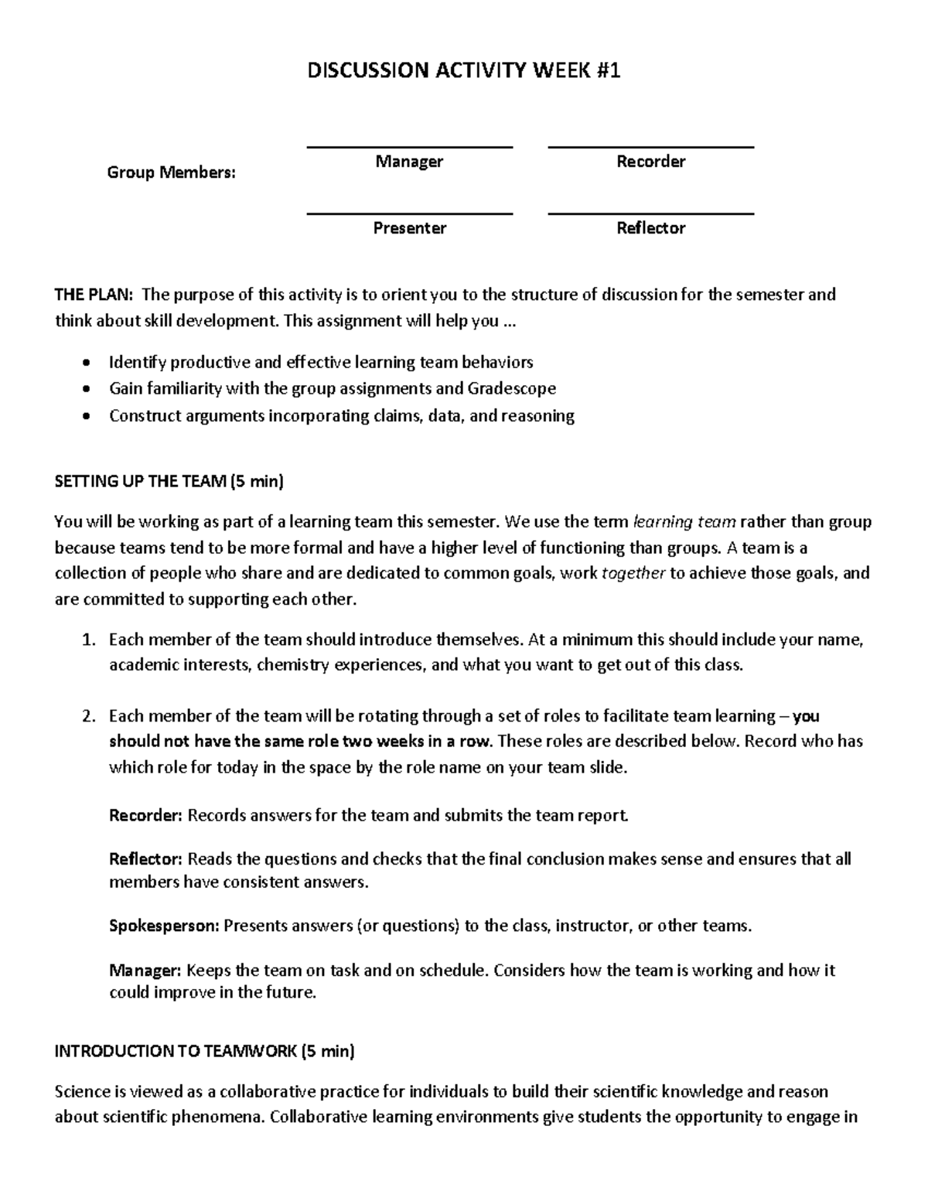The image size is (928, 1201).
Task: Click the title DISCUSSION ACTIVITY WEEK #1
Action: [463, 71]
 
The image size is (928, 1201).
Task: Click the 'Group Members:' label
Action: [171, 172]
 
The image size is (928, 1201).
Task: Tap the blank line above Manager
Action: [409, 146]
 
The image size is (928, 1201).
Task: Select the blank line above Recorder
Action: [650, 146]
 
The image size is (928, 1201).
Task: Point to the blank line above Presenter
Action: [409, 213]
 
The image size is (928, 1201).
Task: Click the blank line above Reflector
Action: [650, 213]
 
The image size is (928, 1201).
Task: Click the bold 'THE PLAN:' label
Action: [94, 295]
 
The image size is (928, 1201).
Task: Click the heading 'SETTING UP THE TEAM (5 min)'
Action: [169, 482]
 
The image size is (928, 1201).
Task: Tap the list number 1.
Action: [87, 640]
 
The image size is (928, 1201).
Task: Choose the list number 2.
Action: [87, 716]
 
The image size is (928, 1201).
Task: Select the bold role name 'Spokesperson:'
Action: [164, 926]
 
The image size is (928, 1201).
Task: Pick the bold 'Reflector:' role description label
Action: [145, 859]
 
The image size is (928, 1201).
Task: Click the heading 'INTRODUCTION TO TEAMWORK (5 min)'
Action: [205, 1051]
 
